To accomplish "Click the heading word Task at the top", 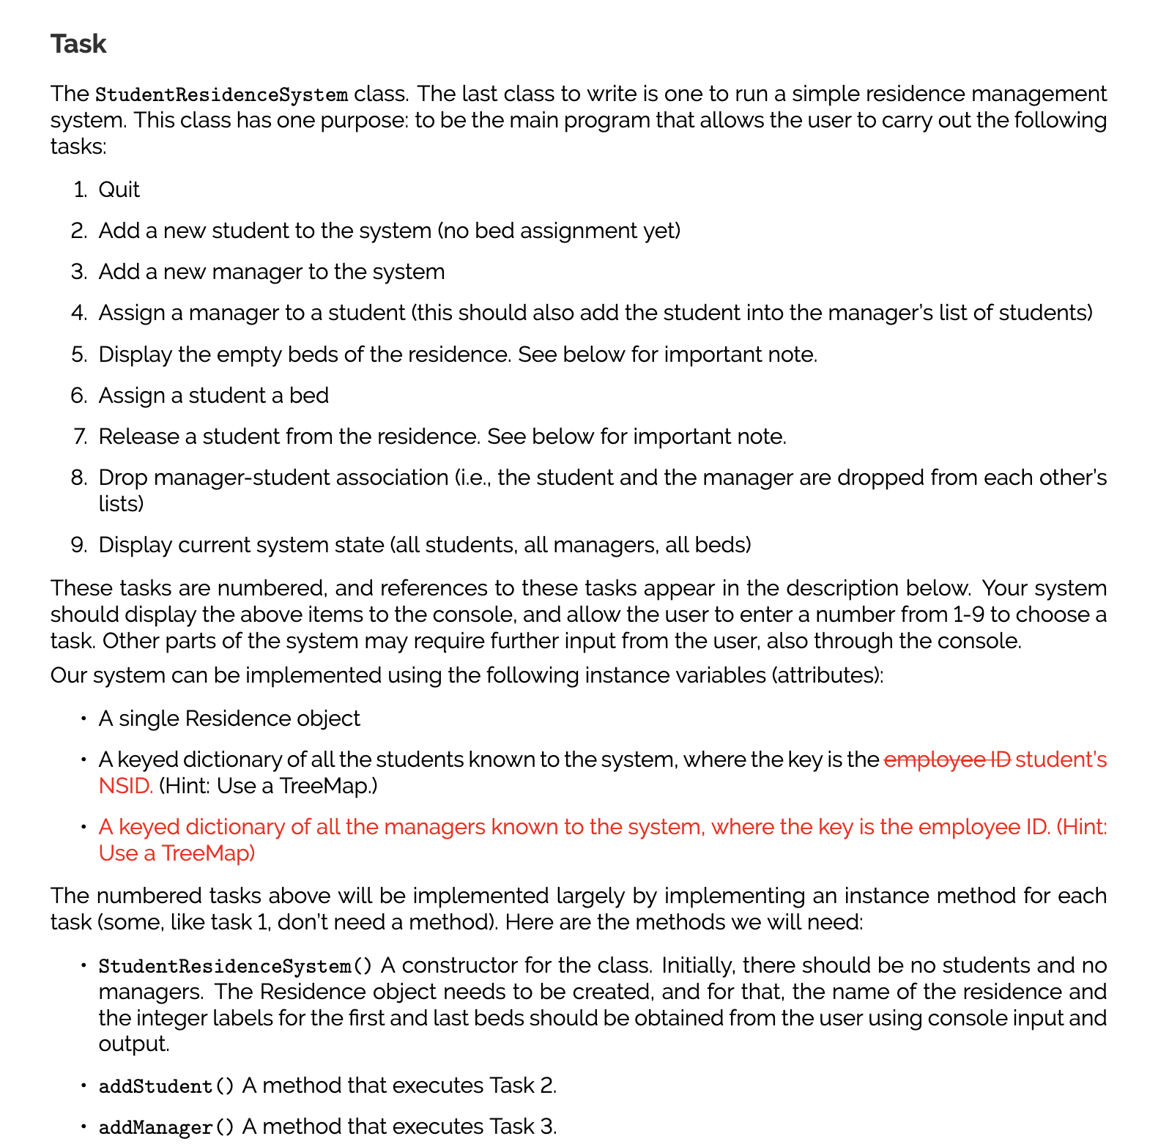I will [x=78, y=44].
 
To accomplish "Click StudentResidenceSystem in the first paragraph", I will [x=222, y=95].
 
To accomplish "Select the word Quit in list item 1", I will [x=119, y=190].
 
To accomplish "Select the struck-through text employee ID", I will [x=947, y=760].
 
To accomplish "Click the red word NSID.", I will [x=125, y=786].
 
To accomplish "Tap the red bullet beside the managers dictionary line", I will [x=84, y=828].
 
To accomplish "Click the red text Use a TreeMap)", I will [x=177, y=853].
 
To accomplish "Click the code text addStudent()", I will [x=166, y=1086].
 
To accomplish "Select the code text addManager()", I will [x=166, y=1127].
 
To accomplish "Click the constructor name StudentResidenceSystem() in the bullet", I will [x=235, y=966].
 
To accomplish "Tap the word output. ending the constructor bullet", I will [x=133, y=1044].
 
